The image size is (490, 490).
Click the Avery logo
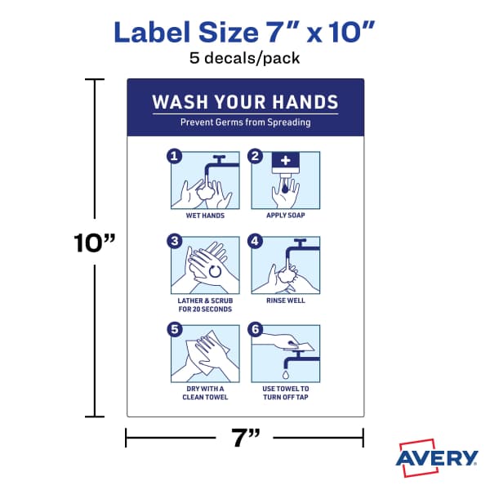point(437,457)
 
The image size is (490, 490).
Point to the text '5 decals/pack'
point(245,59)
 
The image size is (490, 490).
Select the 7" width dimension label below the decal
point(244,439)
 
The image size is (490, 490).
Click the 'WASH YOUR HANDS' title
point(246,102)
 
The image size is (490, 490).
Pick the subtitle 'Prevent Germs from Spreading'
point(246,122)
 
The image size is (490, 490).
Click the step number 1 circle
point(173,156)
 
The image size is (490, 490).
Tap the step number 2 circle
point(256,156)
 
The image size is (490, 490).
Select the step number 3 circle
point(173,241)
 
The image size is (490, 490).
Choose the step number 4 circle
point(256,241)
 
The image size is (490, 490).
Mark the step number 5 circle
point(173,329)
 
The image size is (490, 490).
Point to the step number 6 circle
point(256,329)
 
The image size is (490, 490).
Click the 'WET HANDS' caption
point(205,216)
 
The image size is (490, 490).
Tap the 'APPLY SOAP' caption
point(286,216)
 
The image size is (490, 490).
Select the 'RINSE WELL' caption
point(286,301)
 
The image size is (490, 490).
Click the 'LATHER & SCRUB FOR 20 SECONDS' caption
point(205,305)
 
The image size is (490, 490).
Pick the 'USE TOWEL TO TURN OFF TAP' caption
point(286,393)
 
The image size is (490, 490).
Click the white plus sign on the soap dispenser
point(286,161)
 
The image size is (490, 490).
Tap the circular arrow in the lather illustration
point(216,269)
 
